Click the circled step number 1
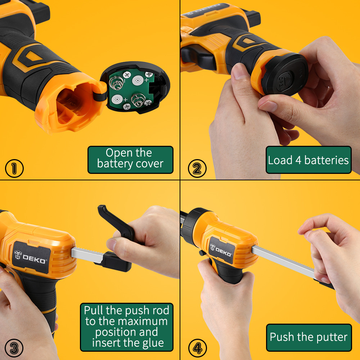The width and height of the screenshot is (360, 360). [14, 168]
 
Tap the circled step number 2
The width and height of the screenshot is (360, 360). [197, 168]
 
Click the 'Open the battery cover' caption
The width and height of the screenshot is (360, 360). [130, 158]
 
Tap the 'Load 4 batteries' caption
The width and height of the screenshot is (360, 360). [309, 160]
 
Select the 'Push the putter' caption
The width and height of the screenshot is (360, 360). [309, 337]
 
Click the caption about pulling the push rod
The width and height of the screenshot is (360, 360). [126, 327]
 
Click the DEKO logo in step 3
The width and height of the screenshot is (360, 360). [30, 256]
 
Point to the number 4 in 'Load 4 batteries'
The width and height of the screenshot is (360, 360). [298, 160]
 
